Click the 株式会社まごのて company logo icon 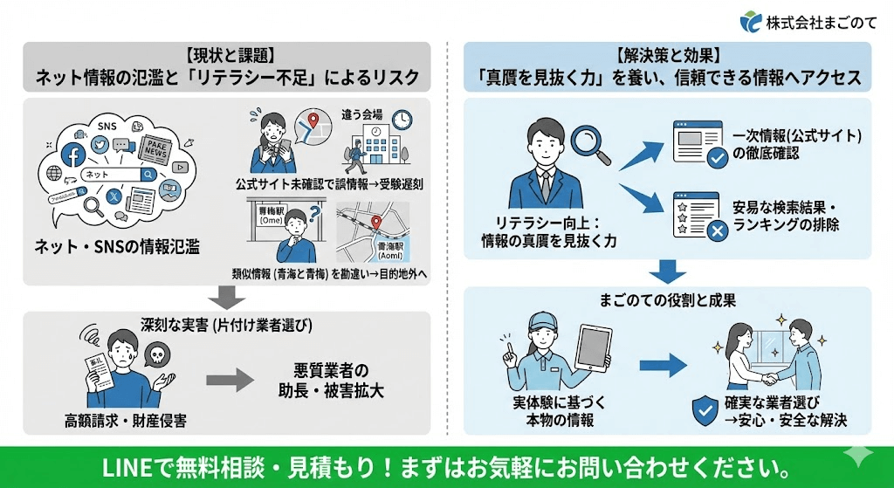pyautogui.click(x=750, y=21)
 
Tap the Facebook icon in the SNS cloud pyautogui.click(x=73, y=154)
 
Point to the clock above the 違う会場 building pyautogui.click(x=402, y=120)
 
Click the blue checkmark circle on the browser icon pyautogui.click(x=716, y=158)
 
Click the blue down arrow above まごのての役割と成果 pyautogui.click(x=667, y=271)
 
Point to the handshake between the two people pyautogui.click(x=768, y=378)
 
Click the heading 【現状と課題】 pyautogui.click(x=227, y=55)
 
